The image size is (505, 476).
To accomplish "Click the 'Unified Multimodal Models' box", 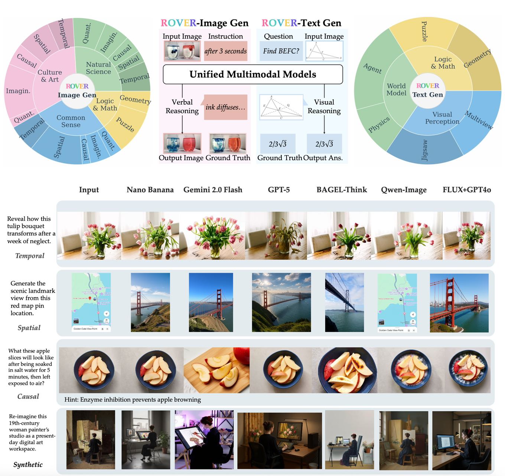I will (252, 74).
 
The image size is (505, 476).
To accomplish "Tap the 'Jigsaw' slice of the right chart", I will (424, 149).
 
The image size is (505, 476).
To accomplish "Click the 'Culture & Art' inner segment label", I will (50, 76).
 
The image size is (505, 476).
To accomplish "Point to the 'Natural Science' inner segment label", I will (98, 68).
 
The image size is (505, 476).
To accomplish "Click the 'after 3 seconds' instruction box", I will (225, 51).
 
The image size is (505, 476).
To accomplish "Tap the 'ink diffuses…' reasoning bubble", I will (225, 107).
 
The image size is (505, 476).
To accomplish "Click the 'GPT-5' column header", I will (278, 190).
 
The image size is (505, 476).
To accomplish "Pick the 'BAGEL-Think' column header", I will (342, 190).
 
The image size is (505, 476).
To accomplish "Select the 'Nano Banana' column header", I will (150, 190).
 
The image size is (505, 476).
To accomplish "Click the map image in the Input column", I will (91, 302).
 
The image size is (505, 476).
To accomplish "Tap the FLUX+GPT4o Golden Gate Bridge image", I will (459, 303).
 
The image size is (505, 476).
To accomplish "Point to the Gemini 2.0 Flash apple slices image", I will (216, 370).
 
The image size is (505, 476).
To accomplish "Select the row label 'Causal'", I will (28, 396).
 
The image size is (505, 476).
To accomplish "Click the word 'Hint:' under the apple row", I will (71, 400).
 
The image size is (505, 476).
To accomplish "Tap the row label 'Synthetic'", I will (28, 464).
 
